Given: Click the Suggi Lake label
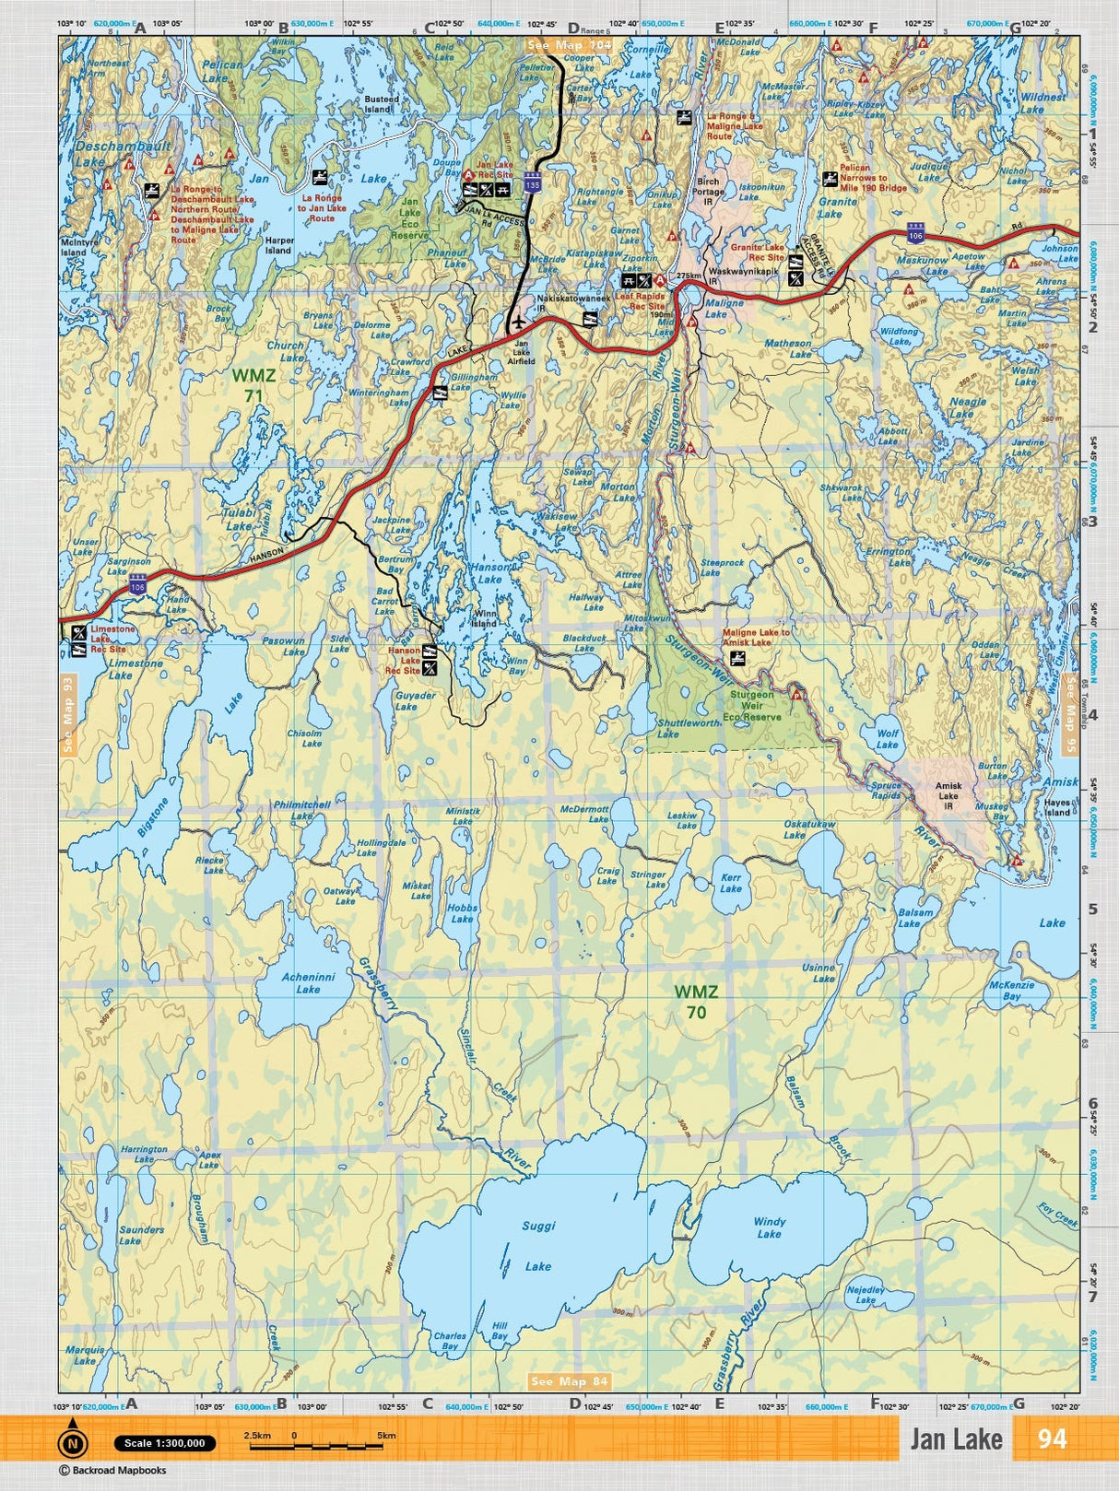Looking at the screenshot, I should pyautogui.click(x=538, y=1246).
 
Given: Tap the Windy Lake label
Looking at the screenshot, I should pyautogui.click(x=769, y=1227).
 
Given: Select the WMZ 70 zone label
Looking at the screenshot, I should pyautogui.click(x=696, y=1002).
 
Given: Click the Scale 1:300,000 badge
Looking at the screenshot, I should pyautogui.click(x=165, y=1443).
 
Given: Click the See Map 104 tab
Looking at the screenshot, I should pyautogui.click(x=569, y=44).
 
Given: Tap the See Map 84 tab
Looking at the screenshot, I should pyautogui.click(x=570, y=1381).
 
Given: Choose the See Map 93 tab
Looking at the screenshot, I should pyautogui.click(x=67, y=715).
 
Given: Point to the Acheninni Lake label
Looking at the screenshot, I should pyautogui.click(x=308, y=982).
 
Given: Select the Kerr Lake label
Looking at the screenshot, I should pyautogui.click(x=731, y=883).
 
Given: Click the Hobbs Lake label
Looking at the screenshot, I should pyautogui.click(x=462, y=913).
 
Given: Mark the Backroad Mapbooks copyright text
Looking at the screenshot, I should pyautogui.click(x=100, y=1471).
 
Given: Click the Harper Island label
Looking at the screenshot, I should pyautogui.click(x=278, y=244).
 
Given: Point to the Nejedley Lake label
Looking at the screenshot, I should pyautogui.click(x=865, y=1295).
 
